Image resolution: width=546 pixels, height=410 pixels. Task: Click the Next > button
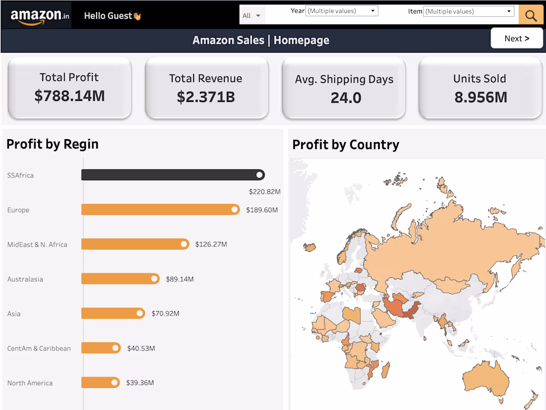(517, 38)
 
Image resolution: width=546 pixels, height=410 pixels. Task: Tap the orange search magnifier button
(531, 15)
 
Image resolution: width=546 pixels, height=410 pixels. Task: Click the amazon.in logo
(40, 16)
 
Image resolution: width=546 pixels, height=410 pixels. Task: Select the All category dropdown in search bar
(252, 15)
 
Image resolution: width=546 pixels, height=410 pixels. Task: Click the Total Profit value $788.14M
(69, 95)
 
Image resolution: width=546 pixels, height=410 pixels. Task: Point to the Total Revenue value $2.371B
(206, 96)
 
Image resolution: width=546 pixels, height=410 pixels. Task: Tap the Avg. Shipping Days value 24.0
(345, 98)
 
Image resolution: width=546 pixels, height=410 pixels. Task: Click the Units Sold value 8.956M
(480, 97)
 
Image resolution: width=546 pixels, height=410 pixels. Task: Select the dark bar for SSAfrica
(169, 175)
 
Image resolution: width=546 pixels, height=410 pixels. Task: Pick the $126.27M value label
(211, 245)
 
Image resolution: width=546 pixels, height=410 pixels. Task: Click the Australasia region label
(25, 279)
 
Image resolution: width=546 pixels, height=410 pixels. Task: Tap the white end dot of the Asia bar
(140, 314)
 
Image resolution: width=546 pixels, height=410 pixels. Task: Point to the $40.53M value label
(141, 348)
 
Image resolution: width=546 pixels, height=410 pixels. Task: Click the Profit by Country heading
(345, 145)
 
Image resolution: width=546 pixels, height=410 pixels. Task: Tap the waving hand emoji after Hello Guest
(137, 16)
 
